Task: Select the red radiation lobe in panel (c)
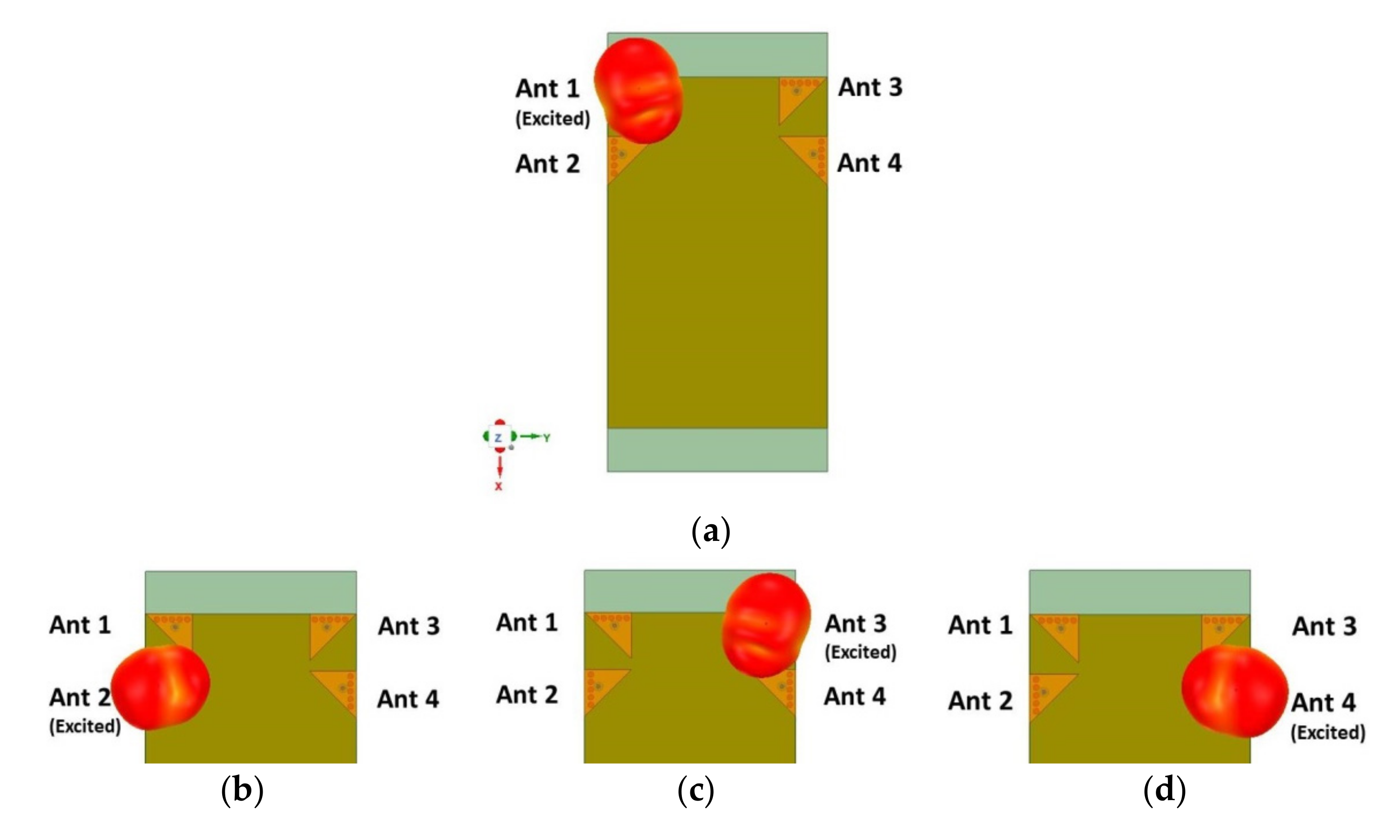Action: pos(766,624)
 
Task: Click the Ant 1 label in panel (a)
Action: pos(547,89)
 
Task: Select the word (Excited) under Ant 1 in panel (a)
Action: pos(553,119)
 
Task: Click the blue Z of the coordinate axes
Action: pos(498,438)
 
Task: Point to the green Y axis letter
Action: pos(547,438)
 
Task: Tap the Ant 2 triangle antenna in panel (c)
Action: pos(600,688)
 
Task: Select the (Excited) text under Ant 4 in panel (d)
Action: pos(1328,733)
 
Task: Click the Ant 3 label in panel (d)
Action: pos(1324,627)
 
